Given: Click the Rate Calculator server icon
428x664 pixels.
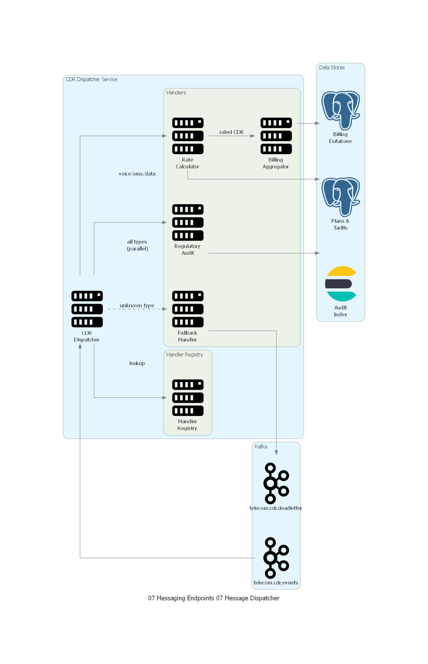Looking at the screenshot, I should tap(188, 136).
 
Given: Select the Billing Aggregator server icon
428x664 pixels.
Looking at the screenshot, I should tap(276, 136).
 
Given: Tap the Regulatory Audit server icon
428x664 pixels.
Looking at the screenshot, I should tap(188, 222).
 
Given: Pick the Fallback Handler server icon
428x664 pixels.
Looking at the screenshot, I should tap(188, 309).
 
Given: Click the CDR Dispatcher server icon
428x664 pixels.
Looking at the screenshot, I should tap(87, 309).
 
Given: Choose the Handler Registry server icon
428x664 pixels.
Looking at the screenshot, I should tap(188, 397).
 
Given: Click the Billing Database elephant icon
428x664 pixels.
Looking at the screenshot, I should tap(341, 110).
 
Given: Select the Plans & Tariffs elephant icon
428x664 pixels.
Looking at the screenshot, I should tap(341, 197).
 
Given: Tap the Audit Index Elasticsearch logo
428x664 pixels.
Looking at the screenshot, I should tap(341, 284).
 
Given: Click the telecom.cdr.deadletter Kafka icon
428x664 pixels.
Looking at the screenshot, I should tap(276, 483).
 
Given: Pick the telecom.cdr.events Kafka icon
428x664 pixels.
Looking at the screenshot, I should tap(276, 558).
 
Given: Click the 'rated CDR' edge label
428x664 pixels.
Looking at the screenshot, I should tap(231, 132).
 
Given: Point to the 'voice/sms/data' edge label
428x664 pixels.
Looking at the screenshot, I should tap(137, 174).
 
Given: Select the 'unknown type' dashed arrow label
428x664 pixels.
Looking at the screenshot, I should tap(137, 305).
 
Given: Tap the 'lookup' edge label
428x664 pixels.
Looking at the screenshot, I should tap(137, 363).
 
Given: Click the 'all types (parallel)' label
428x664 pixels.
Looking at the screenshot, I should tap(137, 245).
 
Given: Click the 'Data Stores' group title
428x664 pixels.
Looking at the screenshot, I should tap(332, 67).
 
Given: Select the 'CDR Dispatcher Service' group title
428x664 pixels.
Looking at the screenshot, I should tap(91, 79).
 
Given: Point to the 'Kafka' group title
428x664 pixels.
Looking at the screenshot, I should tap(261, 446).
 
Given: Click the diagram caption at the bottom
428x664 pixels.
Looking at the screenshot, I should tap(214, 598).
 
